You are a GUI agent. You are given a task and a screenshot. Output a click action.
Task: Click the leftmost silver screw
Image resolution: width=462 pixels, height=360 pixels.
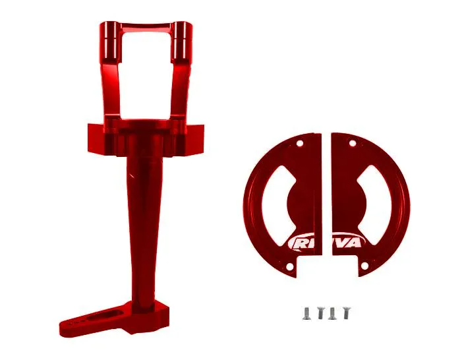306,313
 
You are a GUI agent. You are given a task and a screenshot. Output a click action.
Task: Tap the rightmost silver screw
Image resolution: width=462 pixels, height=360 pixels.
347,313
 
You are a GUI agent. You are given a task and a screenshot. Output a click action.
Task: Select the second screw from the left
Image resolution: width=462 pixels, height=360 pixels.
320,313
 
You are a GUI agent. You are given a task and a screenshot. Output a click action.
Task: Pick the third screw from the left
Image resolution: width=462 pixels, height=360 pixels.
333,313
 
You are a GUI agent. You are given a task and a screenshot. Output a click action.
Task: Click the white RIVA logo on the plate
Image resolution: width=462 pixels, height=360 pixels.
326,243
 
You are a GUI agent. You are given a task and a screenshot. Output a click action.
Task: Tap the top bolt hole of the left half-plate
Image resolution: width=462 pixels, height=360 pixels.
300,144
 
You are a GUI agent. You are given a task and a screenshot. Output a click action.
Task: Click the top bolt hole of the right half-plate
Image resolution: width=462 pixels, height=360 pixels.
353,144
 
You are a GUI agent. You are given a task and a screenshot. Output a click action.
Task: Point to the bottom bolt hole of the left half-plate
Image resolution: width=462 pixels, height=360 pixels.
289,266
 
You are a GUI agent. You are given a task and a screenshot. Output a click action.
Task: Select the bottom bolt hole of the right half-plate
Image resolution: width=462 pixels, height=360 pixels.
364,266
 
